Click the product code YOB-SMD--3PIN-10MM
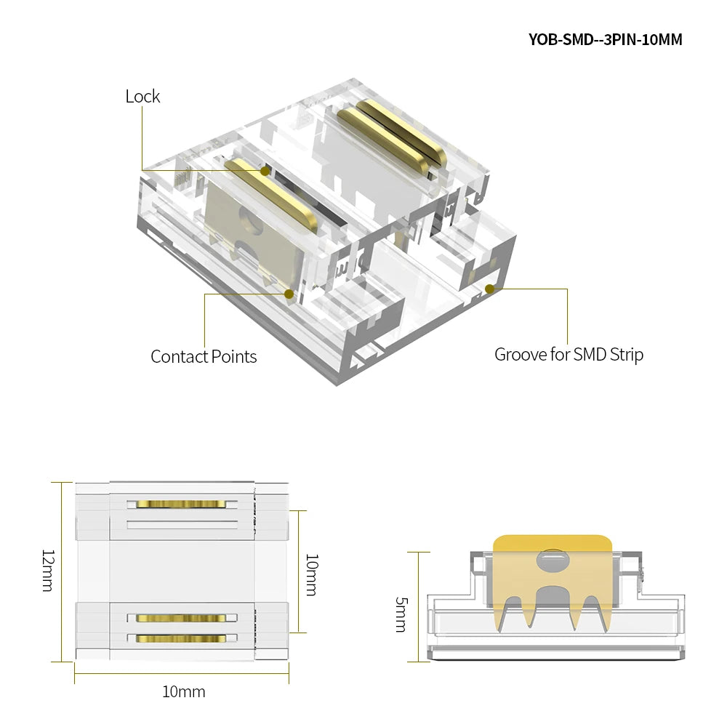tap(605, 39)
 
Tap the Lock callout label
tap(142, 97)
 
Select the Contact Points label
tap(204, 356)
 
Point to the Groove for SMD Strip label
tap(569, 355)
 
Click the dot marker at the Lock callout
tap(265, 171)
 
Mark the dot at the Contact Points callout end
tap(289, 294)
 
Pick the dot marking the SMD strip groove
tap(489, 289)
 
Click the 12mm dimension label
tap(48, 571)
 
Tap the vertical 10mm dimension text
tap(312, 574)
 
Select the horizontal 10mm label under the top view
tap(184, 692)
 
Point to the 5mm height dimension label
tap(401, 614)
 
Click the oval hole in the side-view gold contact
tap(553, 560)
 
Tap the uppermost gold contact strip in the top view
tap(181, 504)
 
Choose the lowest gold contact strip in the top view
tap(181, 638)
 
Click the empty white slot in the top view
tap(182, 525)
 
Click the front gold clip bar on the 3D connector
tap(272, 195)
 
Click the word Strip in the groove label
tap(627, 355)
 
